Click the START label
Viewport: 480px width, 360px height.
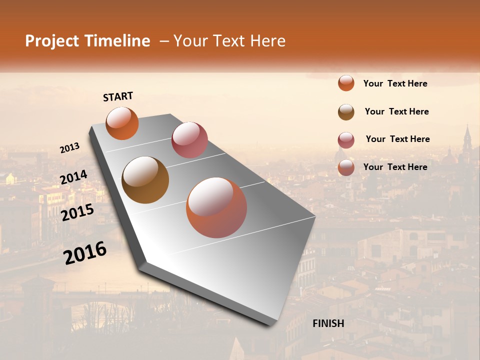point(118,96)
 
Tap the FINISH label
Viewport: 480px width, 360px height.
point(328,323)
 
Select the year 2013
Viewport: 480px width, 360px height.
point(70,147)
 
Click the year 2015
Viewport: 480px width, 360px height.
point(77,212)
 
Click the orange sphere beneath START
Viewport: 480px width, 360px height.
point(122,123)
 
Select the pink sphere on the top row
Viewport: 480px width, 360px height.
point(189,140)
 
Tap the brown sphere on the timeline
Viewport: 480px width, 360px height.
point(145,180)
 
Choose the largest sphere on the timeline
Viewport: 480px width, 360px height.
point(216,207)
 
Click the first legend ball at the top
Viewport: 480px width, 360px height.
point(346,83)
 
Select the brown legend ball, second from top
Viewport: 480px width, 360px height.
point(346,112)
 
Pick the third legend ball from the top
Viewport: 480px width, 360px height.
point(346,140)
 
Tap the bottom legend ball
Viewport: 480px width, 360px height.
point(346,167)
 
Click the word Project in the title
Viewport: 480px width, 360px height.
point(52,41)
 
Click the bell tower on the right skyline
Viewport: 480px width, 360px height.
point(467,140)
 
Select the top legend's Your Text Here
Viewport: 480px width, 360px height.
point(395,83)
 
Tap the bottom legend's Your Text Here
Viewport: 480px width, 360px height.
point(395,167)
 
